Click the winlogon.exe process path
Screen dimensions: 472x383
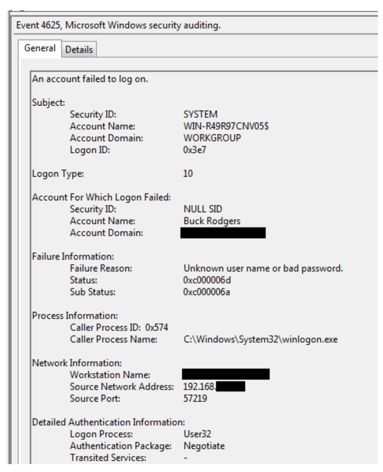(261, 340)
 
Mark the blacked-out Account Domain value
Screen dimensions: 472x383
(223, 233)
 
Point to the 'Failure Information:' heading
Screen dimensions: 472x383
(73, 257)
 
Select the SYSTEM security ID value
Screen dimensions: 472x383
(201, 114)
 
